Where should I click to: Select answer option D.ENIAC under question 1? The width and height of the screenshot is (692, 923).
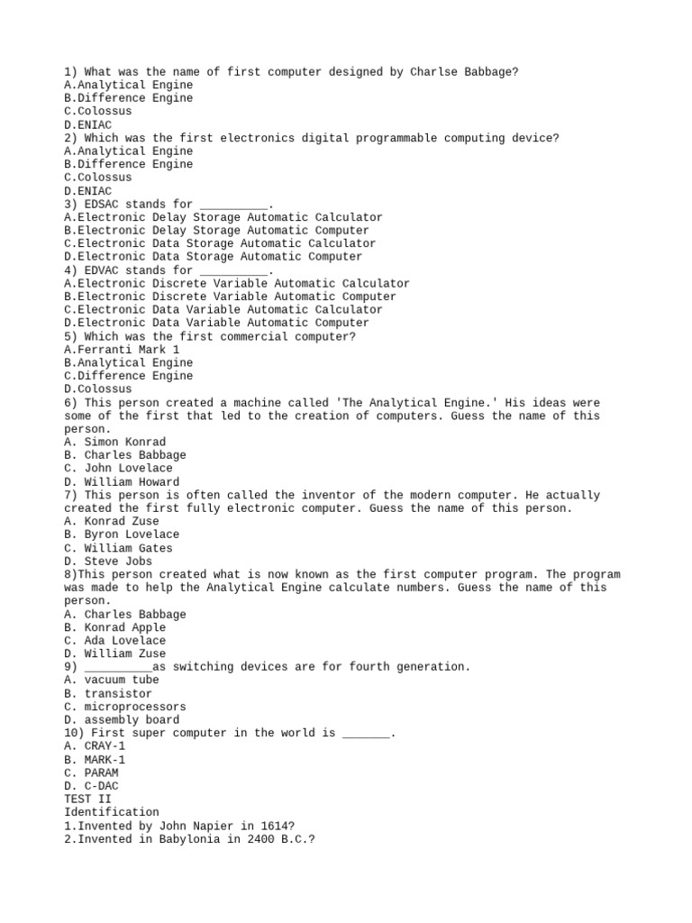click(88, 124)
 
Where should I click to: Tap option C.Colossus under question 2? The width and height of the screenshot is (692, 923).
click(98, 178)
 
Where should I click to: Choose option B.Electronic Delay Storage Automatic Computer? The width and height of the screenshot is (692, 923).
click(217, 231)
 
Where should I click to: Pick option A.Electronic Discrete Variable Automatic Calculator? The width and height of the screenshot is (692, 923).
click(237, 283)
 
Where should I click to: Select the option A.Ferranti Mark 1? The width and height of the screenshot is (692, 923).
click(122, 350)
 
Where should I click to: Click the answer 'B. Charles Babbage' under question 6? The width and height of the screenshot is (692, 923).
click(125, 455)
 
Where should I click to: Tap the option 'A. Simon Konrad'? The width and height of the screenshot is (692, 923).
click(115, 443)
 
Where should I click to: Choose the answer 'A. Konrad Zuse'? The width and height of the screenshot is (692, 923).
click(112, 521)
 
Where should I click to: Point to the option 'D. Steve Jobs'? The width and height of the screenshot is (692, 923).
click(108, 562)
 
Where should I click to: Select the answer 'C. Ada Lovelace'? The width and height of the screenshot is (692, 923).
click(115, 641)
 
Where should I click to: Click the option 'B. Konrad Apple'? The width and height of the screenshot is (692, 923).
click(115, 627)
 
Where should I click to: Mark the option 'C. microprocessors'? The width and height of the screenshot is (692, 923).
click(125, 708)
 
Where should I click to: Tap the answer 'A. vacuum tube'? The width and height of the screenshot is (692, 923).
click(112, 681)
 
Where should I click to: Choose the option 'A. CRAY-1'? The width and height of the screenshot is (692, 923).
click(95, 746)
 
